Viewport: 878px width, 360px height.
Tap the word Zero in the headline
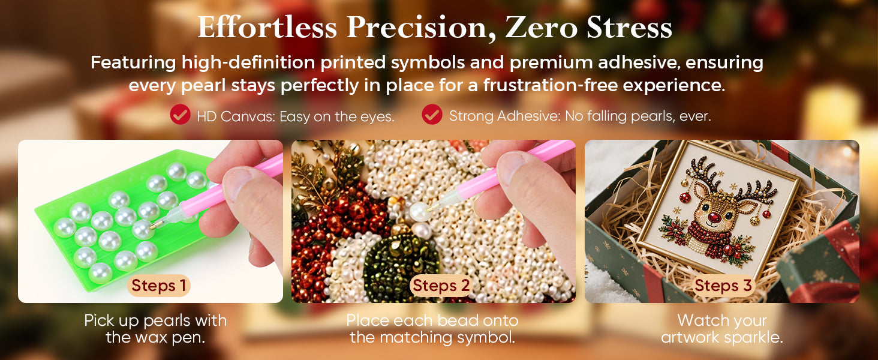click(x=540, y=27)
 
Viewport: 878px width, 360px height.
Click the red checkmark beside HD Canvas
click(x=181, y=115)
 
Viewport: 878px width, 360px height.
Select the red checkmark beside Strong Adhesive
click(x=432, y=115)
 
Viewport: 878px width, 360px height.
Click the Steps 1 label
click(x=159, y=286)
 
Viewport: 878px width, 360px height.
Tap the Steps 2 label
click(x=441, y=286)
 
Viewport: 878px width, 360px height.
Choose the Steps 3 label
click(x=723, y=286)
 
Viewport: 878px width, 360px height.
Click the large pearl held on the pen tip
click(x=419, y=212)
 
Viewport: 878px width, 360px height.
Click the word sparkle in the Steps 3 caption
click(x=754, y=337)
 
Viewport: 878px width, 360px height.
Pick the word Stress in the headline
click(x=629, y=27)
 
